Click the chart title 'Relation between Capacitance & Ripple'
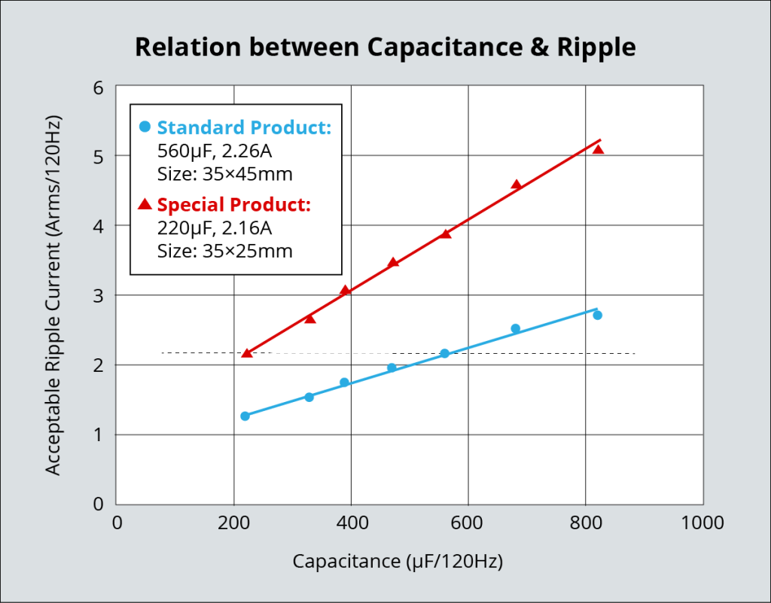click(x=385, y=47)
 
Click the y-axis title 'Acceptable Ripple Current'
click(x=53, y=295)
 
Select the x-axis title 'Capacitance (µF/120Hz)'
click(x=398, y=561)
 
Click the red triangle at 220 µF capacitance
click(x=247, y=352)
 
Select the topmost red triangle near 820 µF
click(x=598, y=149)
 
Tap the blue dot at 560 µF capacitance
click(x=444, y=353)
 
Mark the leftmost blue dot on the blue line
click(x=245, y=416)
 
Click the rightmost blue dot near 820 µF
click(x=597, y=315)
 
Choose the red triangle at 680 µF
click(x=516, y=184)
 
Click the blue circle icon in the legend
click(x=145, y=126)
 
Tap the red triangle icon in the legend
click(x=145, y=204)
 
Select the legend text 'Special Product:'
click(x=233, y=205)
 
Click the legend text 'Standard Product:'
click(x=244, y=127)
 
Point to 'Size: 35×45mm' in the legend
click(x=224, y=174)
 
